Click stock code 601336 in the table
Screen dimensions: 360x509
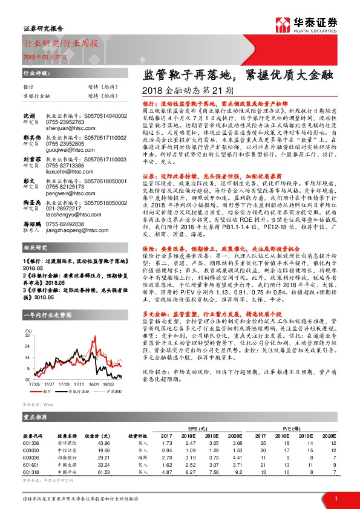[x=31, y=444]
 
